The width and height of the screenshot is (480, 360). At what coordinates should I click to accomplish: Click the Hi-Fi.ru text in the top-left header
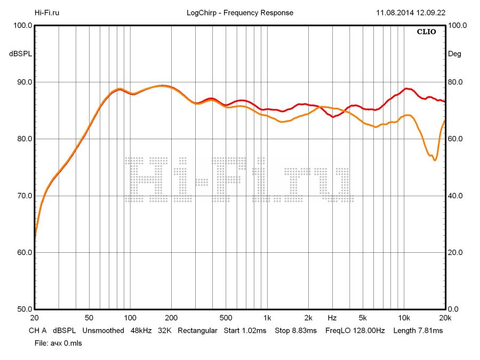click(47, 13)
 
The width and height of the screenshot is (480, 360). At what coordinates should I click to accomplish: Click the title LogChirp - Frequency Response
click(240, 13)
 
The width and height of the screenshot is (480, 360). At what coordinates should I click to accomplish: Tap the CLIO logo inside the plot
click(426, 32)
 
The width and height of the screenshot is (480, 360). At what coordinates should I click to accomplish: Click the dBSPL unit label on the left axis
click(20, 54)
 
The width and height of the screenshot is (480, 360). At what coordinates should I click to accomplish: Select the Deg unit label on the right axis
click(454, 54)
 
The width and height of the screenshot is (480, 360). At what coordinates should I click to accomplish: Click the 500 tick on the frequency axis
click(226, 317)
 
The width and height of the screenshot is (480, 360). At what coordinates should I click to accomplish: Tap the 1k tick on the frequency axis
click(268, 317)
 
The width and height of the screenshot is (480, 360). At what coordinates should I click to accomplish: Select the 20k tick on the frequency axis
click(445, 317)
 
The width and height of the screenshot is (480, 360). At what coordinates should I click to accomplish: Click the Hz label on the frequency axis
click(332, 317)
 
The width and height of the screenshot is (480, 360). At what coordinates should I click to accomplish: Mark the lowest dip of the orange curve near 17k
click(435, 160)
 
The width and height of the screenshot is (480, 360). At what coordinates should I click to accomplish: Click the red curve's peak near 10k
click(407, 89)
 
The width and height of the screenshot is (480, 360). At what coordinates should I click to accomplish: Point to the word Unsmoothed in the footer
click(103, 331)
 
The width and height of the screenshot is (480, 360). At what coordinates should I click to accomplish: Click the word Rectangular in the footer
click(197, 331)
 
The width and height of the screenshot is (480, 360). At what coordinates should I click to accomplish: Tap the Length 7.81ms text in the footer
click(418, 331)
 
